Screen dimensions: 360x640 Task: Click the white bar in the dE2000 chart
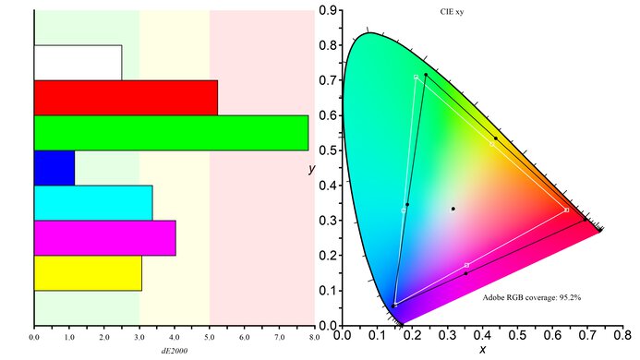click(x=78, y=62)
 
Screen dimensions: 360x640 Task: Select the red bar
click(x=126, y=98)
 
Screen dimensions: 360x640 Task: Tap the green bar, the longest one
click(x=171, y=132)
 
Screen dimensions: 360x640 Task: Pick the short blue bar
click(x=54, y=167)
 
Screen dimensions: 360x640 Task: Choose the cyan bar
click(x=92, y=202)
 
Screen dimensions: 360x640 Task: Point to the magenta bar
click(x=104, y=237)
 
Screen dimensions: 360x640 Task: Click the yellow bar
click(x=88, y=273)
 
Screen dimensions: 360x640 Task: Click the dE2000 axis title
click(x=175, y=352)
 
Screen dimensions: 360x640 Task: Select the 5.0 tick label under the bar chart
click(x=210, y=338)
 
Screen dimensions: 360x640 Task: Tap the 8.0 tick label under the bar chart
click(x=315, y=338)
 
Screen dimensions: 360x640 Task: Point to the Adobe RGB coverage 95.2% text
click(x=532, y=298)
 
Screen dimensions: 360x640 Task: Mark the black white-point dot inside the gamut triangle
click(x=453, y=209)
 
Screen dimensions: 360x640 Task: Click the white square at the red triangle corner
click(x=566, y=210)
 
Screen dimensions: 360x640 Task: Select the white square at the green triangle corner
click(x=417, y=78)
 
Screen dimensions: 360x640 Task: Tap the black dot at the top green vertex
click(x=426, y=74)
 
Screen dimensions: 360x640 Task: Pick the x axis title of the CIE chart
click(x=482, y=350)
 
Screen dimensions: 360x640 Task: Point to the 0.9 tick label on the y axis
click(x=328, y=11)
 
